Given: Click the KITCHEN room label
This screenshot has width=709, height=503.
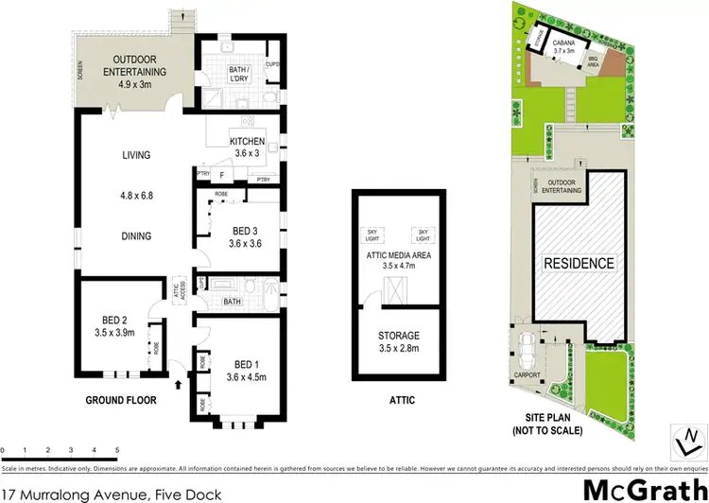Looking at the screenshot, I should [248, 142].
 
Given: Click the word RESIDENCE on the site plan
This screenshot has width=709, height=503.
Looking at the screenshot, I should [578, 263].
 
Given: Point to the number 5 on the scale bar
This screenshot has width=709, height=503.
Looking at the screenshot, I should [117, 449].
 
